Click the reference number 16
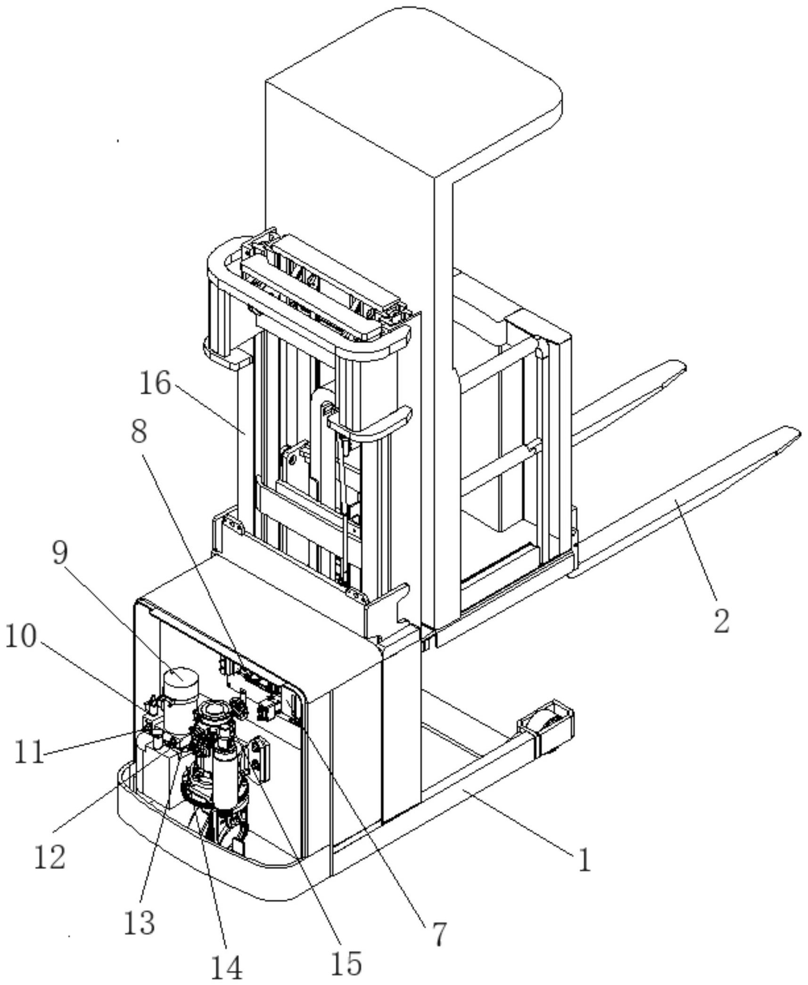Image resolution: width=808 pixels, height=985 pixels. pos(155,383)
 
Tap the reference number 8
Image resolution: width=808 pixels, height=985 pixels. pos(139,430)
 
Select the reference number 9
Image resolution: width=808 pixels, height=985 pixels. pos(60,552)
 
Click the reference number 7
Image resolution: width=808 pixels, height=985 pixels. pos(439,933)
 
